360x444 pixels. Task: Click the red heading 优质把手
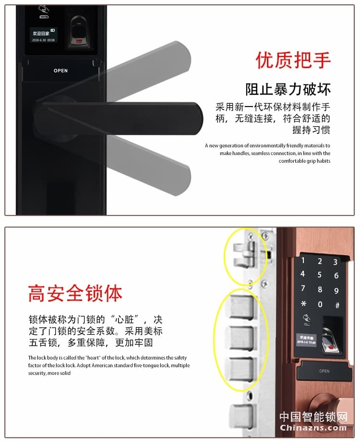point(293,61)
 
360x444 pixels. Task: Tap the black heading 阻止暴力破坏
point(288,89)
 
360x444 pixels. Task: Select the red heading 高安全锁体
point(75,293)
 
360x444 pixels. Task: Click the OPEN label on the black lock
point(60,71)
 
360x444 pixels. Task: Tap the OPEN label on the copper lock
point(324,371)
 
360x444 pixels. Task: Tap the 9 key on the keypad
point(336,290)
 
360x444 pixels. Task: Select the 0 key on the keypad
point(320,304)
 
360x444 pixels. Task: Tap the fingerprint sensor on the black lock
point(77,32)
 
